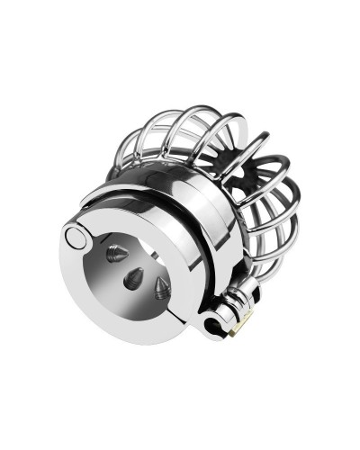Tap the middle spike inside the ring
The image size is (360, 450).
click(133, 277)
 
